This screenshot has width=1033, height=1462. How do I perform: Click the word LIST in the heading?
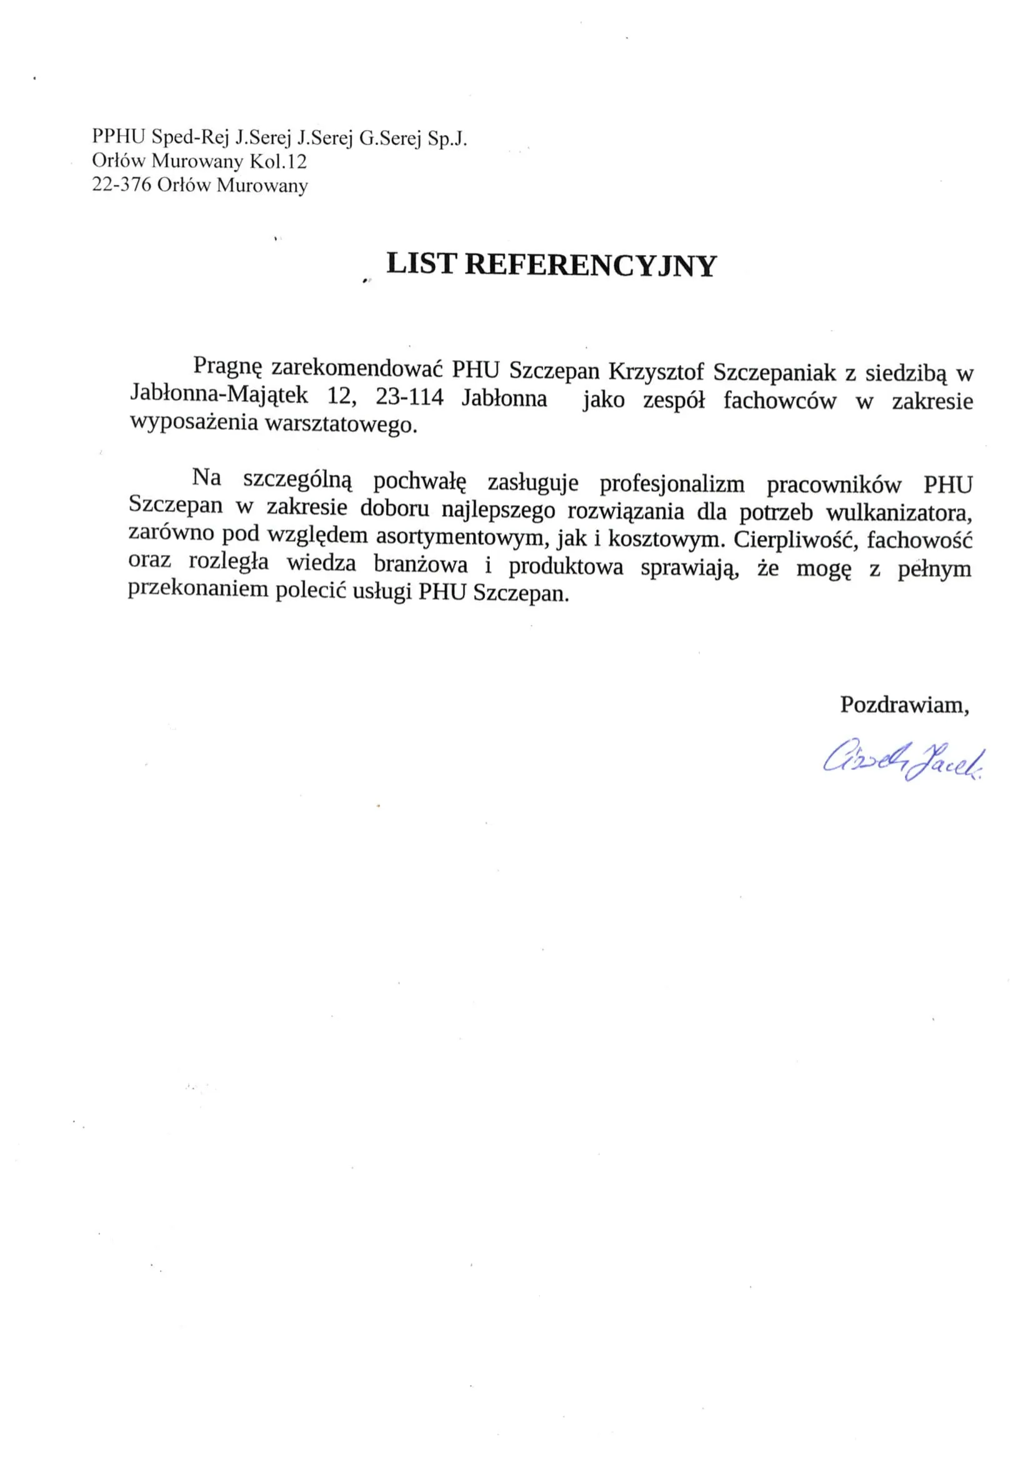[421, 264]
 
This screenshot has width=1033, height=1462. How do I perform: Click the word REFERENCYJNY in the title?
[591, 266]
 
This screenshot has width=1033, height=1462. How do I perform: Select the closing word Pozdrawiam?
[904, 705]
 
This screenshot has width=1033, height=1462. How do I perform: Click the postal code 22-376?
[122, 185]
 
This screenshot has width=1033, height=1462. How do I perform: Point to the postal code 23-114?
[409, 398]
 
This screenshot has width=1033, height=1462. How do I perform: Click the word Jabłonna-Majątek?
[219, 395]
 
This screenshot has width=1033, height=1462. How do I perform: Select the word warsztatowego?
[341, 424]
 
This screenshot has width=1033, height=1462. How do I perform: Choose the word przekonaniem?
[199, 589]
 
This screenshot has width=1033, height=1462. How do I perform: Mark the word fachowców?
[779, 401]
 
